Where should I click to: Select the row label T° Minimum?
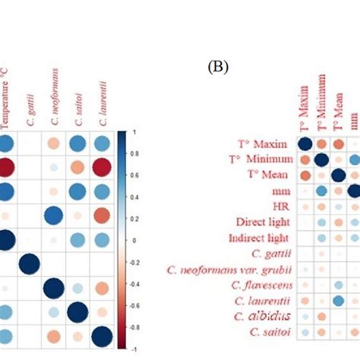pyautogui.click(x=257, y=160)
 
